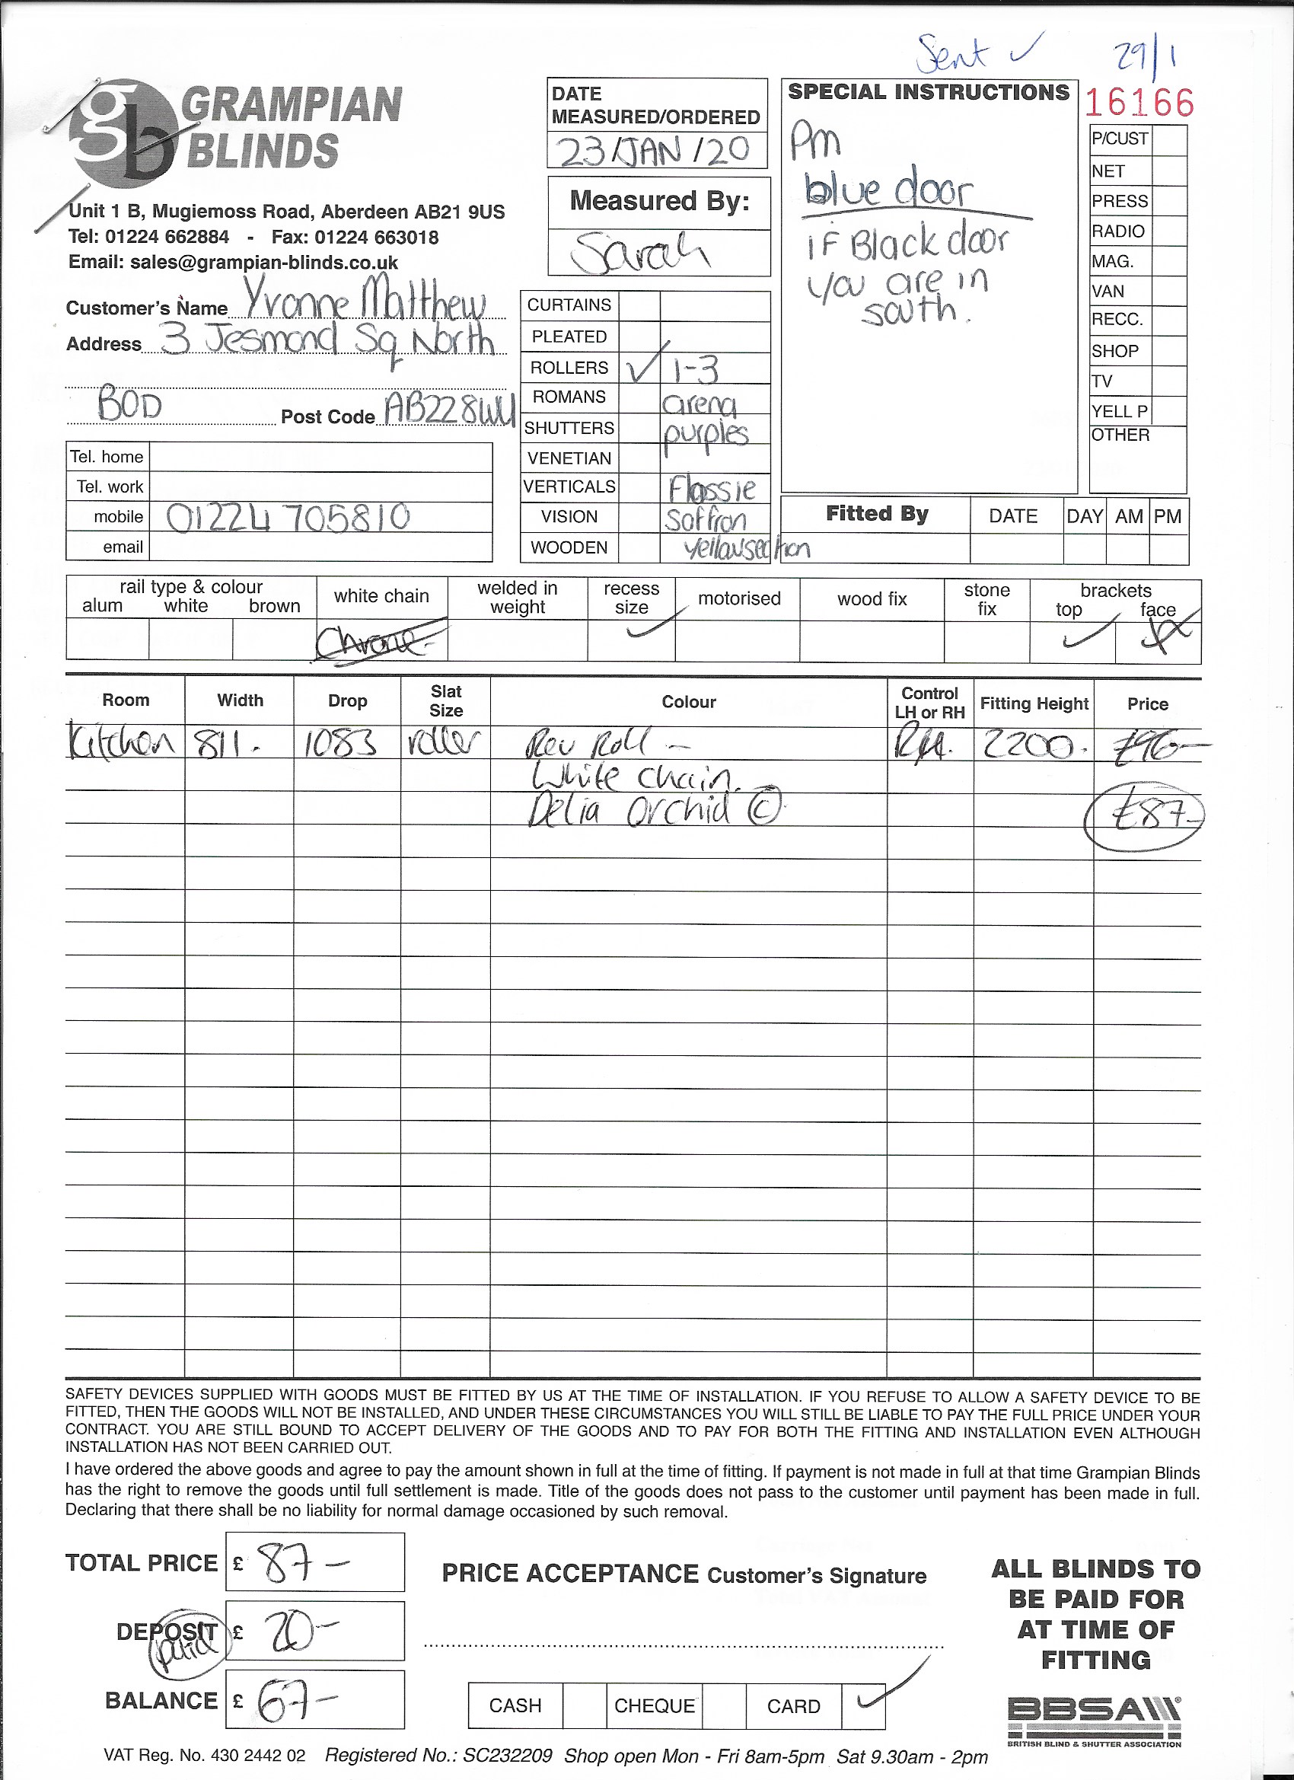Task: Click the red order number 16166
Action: pyautogui.click(x=1139, y=103)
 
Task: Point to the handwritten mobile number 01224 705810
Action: pyautogui.click(x=288, y=518)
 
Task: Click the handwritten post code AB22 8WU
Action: pyautogui.click(x=450, y=409)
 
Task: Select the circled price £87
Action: pyautogui.click(x=1144, y=817)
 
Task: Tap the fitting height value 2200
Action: pyautogui.click(x=1031, y=746)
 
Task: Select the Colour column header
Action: pyautogui.click(x=688, y=702)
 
